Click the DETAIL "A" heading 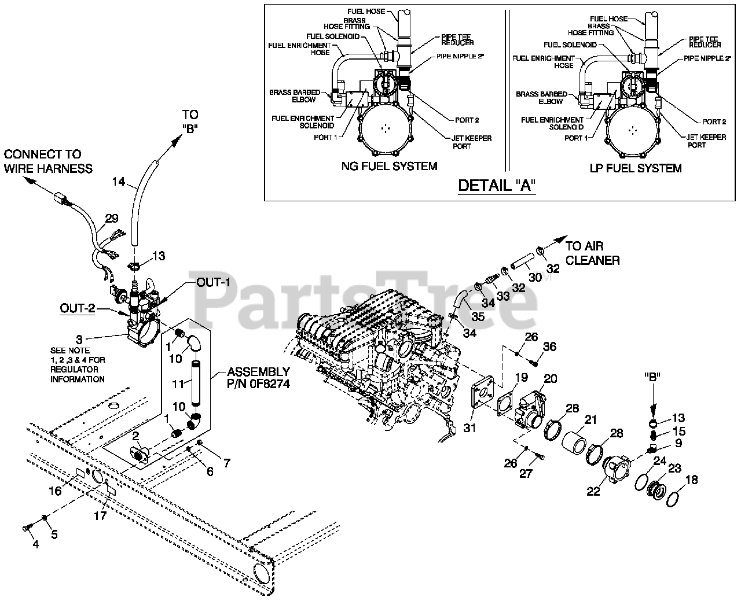[496, 186]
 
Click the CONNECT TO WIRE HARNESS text [48, 161]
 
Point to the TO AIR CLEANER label [592, 253]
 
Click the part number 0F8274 [259, 383]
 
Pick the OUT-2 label [77, 309]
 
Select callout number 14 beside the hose [118, 182]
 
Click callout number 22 [593, 491]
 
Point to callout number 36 [549, 346]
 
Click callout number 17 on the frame [100, 515]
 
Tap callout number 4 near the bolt [35, 544]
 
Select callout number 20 [550, 379]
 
